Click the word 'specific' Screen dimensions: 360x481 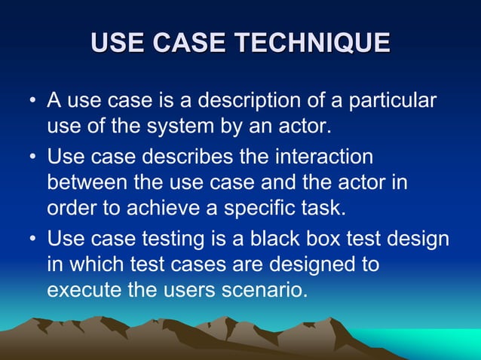(x=244, y=206)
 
